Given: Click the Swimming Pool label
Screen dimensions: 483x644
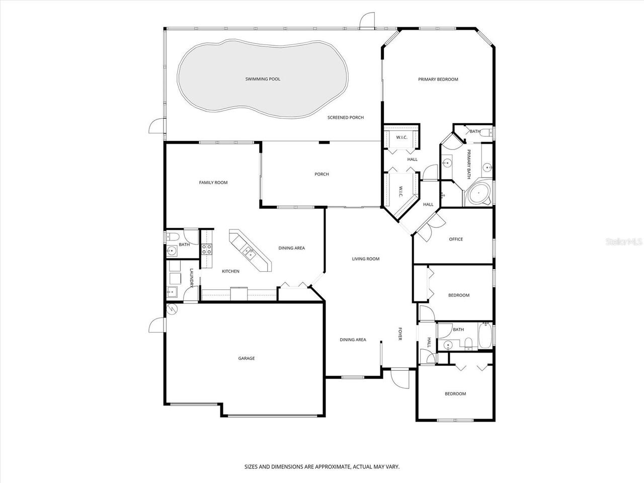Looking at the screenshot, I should (263, 79).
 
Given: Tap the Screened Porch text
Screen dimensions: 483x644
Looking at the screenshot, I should (345, 118).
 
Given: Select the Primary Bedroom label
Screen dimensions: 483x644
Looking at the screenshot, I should (438, 79).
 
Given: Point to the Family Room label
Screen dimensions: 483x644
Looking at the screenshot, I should (213, 183).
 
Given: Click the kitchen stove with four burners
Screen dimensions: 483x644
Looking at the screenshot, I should (207, 249).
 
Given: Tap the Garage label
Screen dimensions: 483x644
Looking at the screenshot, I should (247, 359).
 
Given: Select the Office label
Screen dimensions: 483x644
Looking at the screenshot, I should (456, 239).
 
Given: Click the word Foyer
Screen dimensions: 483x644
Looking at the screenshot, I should (400, 334).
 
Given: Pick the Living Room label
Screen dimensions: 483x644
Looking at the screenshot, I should (365, 259).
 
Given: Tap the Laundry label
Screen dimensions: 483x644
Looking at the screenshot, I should (192, 278).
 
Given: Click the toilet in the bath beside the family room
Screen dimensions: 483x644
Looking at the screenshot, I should (170, 236).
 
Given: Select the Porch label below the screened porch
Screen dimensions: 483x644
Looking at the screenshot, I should (321, 175).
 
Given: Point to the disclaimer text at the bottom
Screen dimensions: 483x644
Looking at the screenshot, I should (322, 467).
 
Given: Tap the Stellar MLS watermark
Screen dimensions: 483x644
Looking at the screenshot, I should (623, 242).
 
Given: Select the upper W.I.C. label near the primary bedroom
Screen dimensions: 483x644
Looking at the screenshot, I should (401, 137).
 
